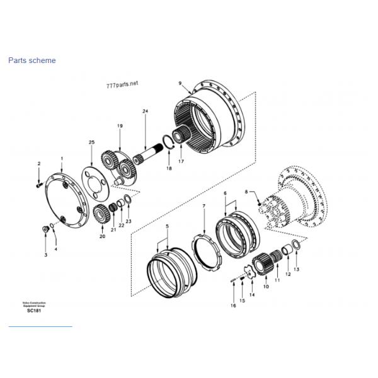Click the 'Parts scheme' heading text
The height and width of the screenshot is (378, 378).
pos(31,60)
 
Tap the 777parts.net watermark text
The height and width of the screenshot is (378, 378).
pos(122,83)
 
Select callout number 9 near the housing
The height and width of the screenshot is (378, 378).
pos(180,83)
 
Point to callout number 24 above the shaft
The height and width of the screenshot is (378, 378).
pos(145,112)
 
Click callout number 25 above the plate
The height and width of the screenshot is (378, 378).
pos(91,143)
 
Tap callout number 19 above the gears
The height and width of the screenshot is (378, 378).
pos(119,127)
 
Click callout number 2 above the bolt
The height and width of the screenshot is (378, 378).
pos(38,164)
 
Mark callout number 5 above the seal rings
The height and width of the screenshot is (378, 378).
pos(167,226)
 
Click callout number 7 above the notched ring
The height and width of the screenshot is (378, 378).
pos(203,206)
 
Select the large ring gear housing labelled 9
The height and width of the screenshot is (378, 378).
pos(211,117)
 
